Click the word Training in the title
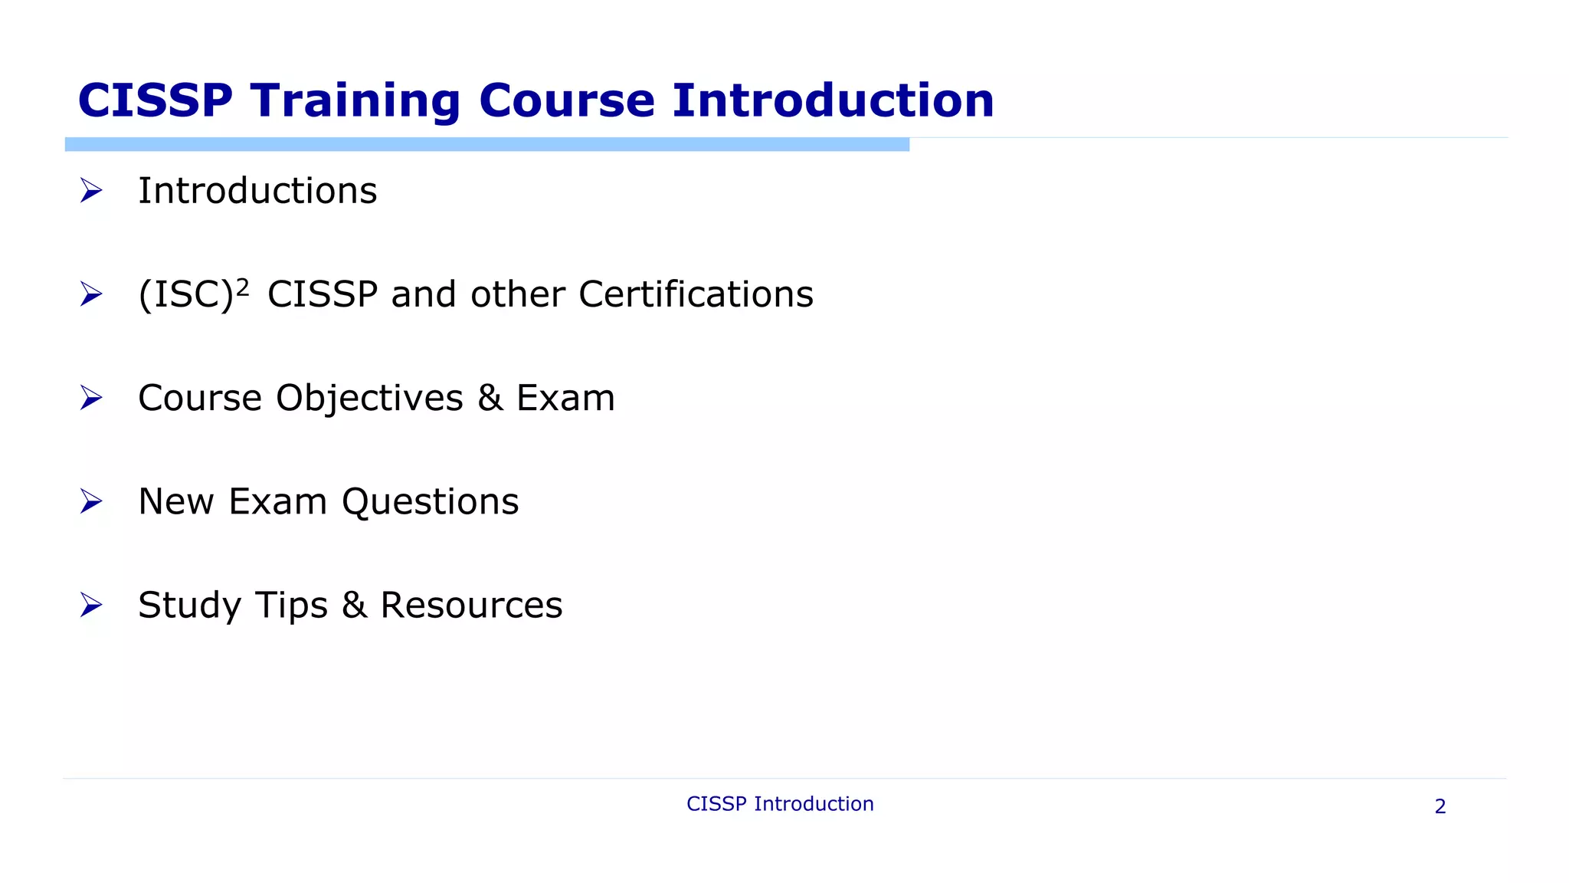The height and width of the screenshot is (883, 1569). click(x=355, y=101)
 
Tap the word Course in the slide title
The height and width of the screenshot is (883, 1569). click(x=567, y=101)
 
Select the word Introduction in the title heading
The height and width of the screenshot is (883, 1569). click(x=834, y=101)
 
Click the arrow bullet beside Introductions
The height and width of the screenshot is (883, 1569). click(x=91, y=190)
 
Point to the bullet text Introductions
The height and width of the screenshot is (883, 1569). click(x=257, y=190)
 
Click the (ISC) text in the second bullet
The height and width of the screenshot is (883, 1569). click(x=185, y=294)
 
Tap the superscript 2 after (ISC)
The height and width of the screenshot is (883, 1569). click(x=242, y=287)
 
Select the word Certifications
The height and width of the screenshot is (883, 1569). click(x=696, y=294)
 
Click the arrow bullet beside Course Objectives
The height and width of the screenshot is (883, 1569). click(x=91, y=398)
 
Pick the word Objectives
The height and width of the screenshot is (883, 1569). click(x=369, y=399)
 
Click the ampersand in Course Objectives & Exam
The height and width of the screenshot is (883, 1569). click(x=490, y=399)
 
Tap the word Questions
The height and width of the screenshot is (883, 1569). click(x=430, y=502)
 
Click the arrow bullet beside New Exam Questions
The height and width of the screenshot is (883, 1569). click(x=91, y=501)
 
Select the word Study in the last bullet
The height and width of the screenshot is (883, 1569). click(x=190, y=606)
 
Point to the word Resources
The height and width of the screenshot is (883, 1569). click(x=471, y=606)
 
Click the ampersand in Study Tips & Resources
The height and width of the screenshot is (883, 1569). click(x=354, y=606)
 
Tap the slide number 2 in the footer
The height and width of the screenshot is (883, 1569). click(x=1440, y=806)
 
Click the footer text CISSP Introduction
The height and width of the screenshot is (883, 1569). click(x=780, y=803)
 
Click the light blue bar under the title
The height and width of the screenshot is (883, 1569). click(x=486, y=144)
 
